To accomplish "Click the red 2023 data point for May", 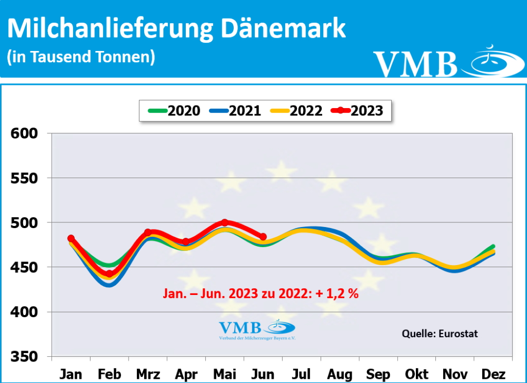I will click(225, 222).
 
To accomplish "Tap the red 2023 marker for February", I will click(109, 274).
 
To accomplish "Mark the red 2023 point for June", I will click(263, 237).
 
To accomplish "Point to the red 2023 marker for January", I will click(71, 238).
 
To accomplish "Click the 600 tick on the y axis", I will click(24, 134).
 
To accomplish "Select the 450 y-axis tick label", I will click(24, 267).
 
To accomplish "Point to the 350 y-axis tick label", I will click(24, 356).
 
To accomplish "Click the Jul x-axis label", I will click(302, 373).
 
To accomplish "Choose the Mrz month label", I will click(148, 373).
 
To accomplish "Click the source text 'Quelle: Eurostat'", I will click(440, 334).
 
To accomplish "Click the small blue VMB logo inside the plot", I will click(257, 329).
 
